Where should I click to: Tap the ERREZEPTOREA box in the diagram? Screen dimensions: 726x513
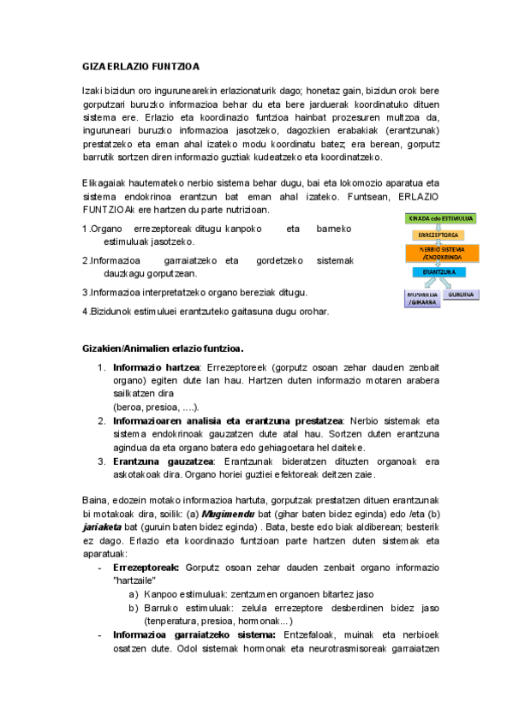[438, 235]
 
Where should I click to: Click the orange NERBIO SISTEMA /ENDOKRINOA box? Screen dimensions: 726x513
[441, 253]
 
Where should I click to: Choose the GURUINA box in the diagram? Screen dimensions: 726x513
[462, 295]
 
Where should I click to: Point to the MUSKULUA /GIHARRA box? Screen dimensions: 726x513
[421, 298]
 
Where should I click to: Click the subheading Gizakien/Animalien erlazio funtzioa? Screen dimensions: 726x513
[163, 348]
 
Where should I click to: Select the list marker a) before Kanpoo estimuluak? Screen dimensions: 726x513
[134, 592]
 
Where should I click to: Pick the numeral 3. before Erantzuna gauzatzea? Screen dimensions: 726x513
[101, 461]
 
